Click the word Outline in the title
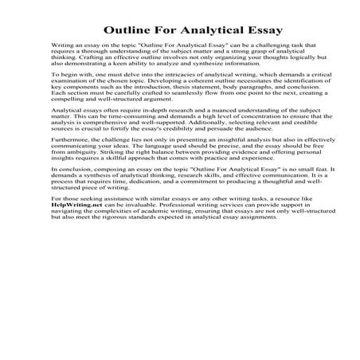click(x=123, y=32)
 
